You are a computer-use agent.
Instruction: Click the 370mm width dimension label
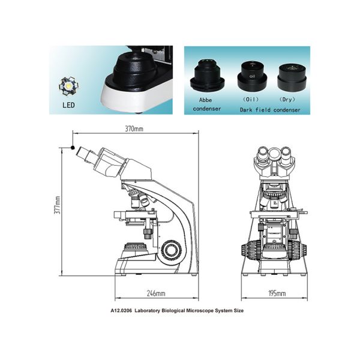coord(134,128)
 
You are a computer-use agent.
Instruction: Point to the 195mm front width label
coord(277,293)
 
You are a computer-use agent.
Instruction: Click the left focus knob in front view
coord(250,248)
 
